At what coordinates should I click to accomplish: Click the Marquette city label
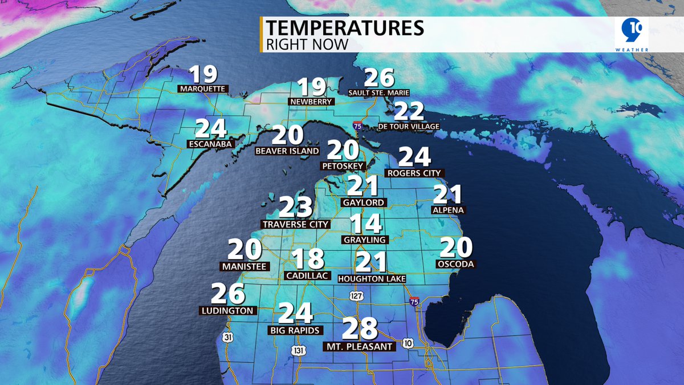point(203,89)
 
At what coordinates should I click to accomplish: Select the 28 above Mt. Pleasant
point(360,329)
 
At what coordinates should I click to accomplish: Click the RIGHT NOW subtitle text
point(307,44)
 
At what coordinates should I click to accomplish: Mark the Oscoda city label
point(455,264)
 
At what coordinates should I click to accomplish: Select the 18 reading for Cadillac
point(308,260)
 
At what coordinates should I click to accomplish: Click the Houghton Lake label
point(372,278)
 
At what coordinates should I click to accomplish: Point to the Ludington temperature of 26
point(228,295)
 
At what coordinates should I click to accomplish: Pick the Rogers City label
point(414,173)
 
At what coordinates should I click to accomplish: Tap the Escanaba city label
point(210,144)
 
